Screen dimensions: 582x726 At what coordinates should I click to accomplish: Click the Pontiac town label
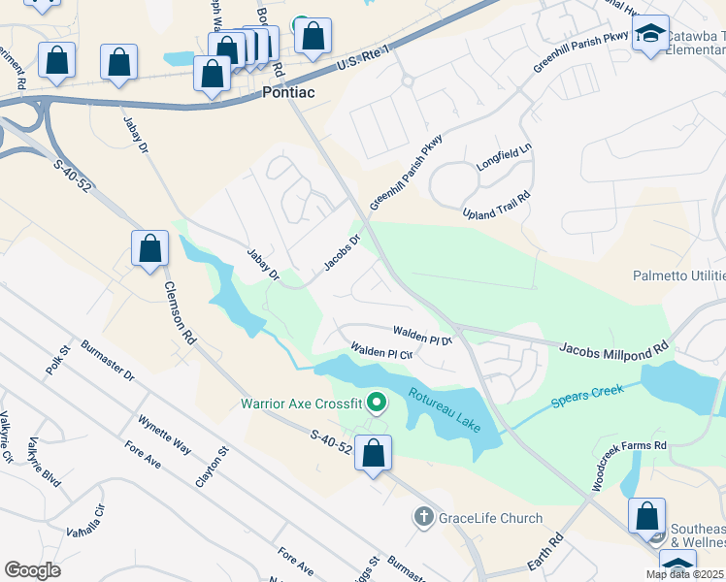pyautogui.click(x=288, y=93)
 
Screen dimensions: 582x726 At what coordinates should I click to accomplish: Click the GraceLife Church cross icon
pyautogui.click(x=423, y=518)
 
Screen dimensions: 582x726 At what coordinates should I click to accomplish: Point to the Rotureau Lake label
pyautogui.click(x=444, y=407)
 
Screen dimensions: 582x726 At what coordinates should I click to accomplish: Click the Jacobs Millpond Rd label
pyautogui.click(x=614, y=346)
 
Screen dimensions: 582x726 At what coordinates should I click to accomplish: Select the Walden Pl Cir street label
pyautogui.click(x=382, y=351)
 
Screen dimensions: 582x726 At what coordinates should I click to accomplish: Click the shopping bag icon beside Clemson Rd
pyautogui.click(x=150, y=249)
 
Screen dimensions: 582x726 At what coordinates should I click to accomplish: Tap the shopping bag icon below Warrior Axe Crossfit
pyautogui.click(x=374, y=453)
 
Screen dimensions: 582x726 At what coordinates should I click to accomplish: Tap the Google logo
pyautogui.click(x=33, y=570)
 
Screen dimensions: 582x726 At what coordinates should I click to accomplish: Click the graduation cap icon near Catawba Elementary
pyautogui.click(x=652, y=35)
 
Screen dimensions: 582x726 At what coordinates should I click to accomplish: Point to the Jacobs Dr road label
pyautogui.click(x=342, y=250)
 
